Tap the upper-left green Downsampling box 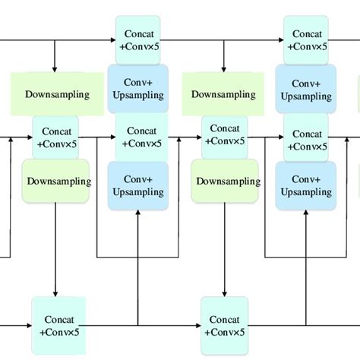pos(56,95)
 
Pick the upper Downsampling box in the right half pos(225,95)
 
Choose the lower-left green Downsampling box pos(58,182)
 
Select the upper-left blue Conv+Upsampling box pos(137,90)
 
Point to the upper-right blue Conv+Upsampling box pos(306,90)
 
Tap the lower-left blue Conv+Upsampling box pos(137,185)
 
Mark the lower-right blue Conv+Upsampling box pos(306,185)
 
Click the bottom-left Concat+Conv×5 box pos(58,326)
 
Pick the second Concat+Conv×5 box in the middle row pos(137,137)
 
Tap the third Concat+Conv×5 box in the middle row pos(225,137)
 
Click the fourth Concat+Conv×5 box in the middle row pos(306,137)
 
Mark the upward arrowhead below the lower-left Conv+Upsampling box pos(137,213)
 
